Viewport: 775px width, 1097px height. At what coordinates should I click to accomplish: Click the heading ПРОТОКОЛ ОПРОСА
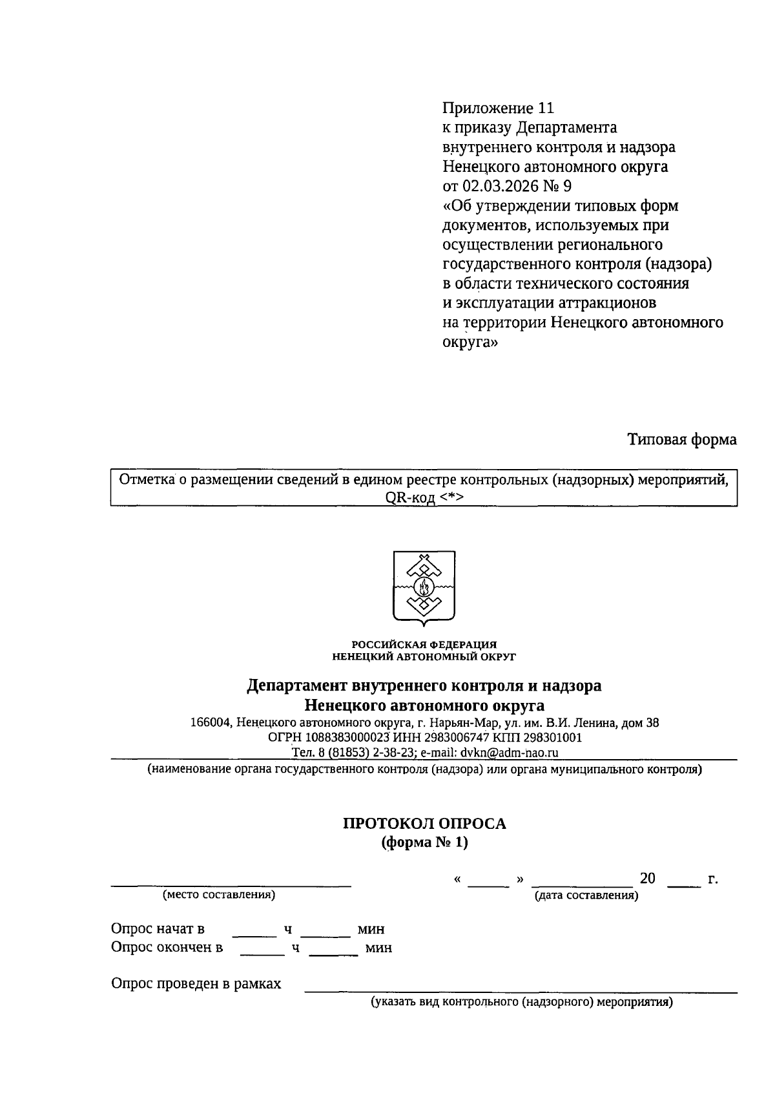click(x=424, y=824)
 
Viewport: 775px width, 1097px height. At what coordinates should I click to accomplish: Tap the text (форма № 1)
click(x=424, y=842)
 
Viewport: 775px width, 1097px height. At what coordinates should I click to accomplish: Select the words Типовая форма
click(x=682, y=440)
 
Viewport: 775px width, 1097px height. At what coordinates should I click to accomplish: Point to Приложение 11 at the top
click(x=498, y=108)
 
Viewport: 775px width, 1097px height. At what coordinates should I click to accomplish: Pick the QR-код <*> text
click(x=424, y=497)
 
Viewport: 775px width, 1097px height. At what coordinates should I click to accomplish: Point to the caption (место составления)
click(x=219, y=895)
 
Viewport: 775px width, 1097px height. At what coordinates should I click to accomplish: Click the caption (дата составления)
click(x=586, y=895)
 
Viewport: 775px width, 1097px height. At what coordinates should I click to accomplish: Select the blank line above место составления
click(x=231, y=883)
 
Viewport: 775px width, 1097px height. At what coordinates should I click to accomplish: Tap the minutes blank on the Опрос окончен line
click(x=333, y=953)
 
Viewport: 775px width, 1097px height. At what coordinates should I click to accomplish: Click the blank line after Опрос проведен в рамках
click(x=520, y=990)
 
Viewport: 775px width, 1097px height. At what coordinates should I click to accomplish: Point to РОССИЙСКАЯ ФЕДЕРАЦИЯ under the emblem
click(x=424, y=644)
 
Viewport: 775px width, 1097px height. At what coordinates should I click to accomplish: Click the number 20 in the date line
click(x=647, y=879)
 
